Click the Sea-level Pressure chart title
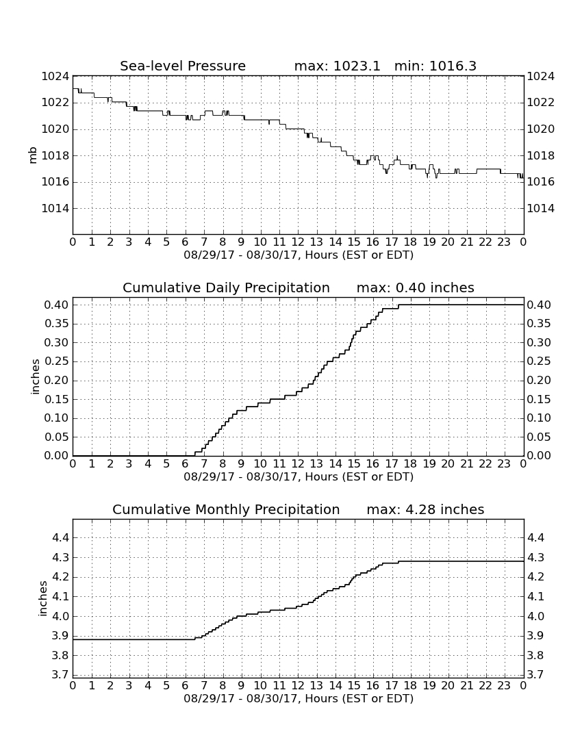183,66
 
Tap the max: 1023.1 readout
337,66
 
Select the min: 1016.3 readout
435,66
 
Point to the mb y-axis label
33,155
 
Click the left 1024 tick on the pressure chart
55,77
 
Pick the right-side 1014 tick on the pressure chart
541,208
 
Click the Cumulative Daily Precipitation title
226,288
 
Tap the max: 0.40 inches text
416,288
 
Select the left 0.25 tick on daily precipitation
57,361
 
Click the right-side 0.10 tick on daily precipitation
539,418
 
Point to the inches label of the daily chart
35,376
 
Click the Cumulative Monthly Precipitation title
226,509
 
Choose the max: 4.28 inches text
425,509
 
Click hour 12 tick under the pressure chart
298,242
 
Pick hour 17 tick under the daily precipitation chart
392,463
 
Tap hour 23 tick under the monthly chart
504,685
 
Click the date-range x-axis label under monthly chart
299,698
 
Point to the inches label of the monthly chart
42,598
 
